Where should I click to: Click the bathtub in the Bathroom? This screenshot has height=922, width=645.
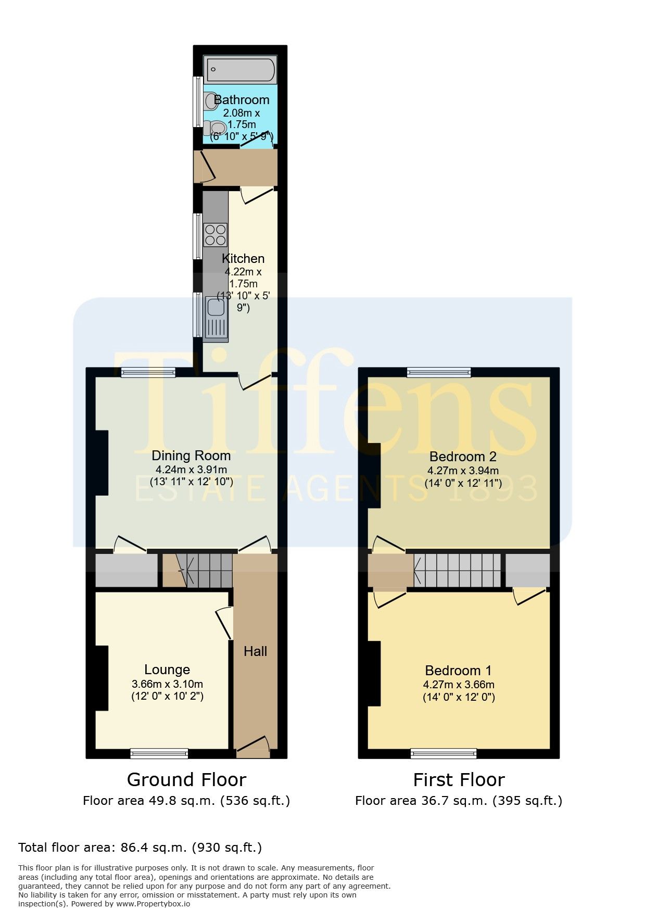pos(240,69)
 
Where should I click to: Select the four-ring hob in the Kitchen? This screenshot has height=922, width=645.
pos(215,234)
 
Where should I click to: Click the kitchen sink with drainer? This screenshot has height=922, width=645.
pos(216,318)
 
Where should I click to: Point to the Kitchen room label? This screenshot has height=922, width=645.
pos(243,258)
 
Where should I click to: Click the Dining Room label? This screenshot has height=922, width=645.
pos(191,456)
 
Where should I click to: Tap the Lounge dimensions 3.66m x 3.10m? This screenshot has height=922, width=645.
pos(167,684)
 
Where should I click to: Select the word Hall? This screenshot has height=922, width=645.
pos(255,651)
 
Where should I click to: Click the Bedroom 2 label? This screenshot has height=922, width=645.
pos(463,457)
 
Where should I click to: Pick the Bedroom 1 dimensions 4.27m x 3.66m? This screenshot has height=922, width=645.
pos(459,685)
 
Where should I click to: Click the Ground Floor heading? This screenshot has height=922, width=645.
pos(186,779)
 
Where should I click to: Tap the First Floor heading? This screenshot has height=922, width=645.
pos(459,779)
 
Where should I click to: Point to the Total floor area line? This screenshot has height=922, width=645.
pos(140,848)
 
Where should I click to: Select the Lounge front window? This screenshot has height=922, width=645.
pos(159,753)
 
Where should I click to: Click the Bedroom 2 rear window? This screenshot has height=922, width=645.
pos(439,372)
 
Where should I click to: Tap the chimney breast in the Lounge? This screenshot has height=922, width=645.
pos(102,678)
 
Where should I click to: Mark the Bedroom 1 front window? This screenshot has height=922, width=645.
pos(444,753)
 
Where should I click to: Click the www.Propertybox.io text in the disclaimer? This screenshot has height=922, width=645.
pos(153,904)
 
